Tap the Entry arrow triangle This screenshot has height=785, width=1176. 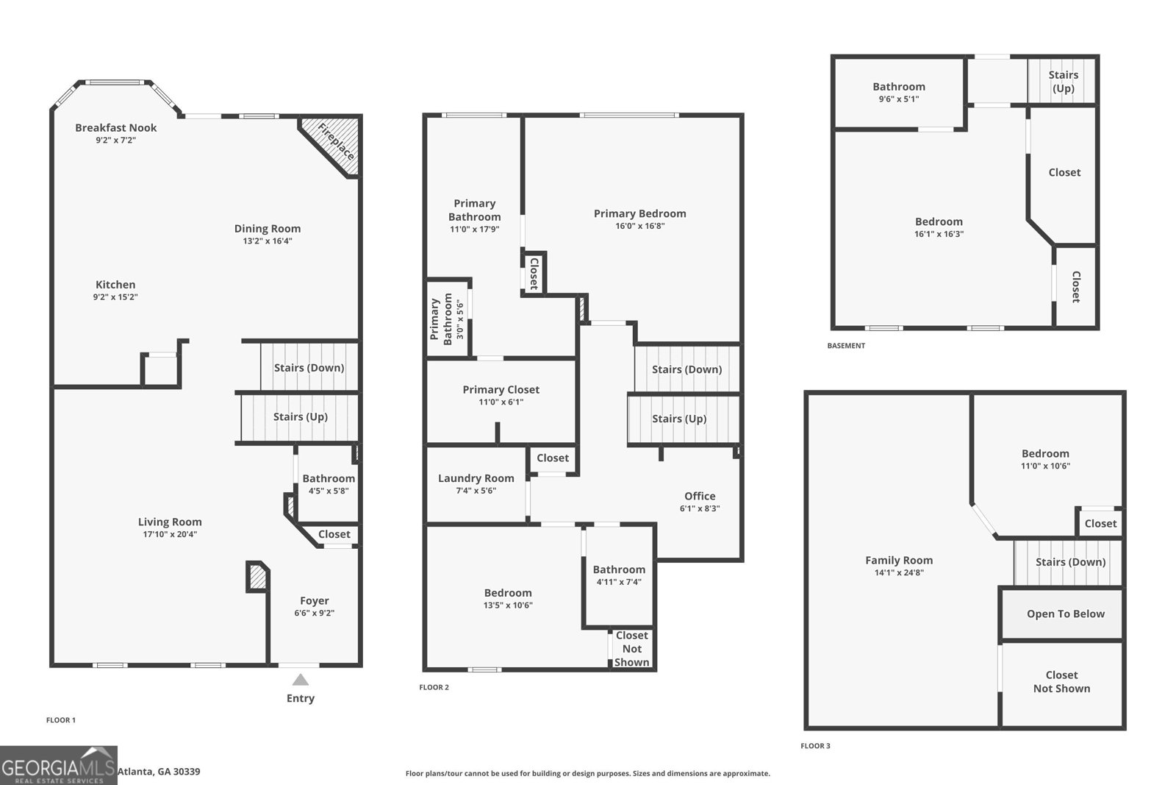pyautogui.click(x=300, y=680)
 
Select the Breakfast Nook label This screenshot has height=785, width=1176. pyautogui.click(x=116, y=127)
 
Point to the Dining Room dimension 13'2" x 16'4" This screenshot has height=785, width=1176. pyautogui.click(x=268, y=241)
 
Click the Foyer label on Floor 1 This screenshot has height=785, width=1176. pyautogui.click(x=315, y=600)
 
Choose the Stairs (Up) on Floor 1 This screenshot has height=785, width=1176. pyautogui.click(x=300, y=416)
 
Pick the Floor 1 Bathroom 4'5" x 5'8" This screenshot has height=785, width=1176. pyautogui.click(x=329, y=483)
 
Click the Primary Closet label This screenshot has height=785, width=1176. pyautogui.click(x=501, y=389)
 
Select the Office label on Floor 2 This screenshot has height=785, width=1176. pyautogui.click(x=700, y=496)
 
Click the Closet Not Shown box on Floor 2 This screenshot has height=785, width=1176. pyautogui.click(x=632, y=648)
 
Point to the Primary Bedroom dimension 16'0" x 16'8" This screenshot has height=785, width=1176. pyautogui.click(x=640, y=227)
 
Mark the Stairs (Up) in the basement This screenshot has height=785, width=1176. pyautogui.click(x=1063, y=81)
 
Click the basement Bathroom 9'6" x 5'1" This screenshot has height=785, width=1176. pyautogui.click(x=899, y=92)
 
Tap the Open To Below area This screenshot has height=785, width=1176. pyautogui.click(x=1065, y=614)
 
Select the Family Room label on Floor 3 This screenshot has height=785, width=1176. pyautogui.click(x=899, y=560)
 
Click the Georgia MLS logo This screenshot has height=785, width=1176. pyautogui.click(x=59, y=765)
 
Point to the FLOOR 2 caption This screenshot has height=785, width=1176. pyautogui.click(x=434, y=687)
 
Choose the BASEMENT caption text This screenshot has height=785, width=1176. pyautogui.click(x=846, y=345)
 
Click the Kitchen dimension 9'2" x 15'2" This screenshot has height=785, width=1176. pyautogui.click(x=115, y=297)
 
